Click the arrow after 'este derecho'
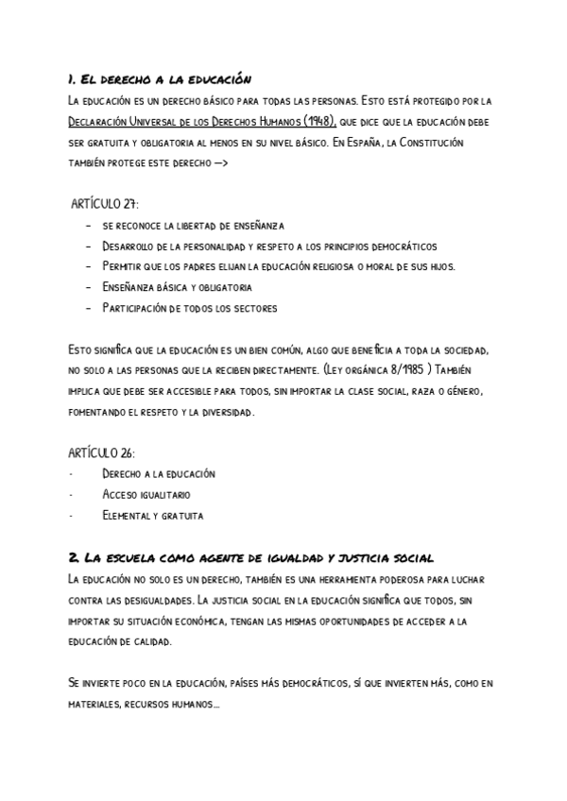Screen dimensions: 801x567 (220, 162)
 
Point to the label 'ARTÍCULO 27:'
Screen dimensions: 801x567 (105, 204)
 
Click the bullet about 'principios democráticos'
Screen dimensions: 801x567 (269, 246)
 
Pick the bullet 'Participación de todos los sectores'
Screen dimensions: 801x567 (189, 308)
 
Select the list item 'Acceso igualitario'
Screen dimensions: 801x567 (146, 494)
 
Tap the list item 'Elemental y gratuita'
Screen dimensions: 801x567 (152, 515)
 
